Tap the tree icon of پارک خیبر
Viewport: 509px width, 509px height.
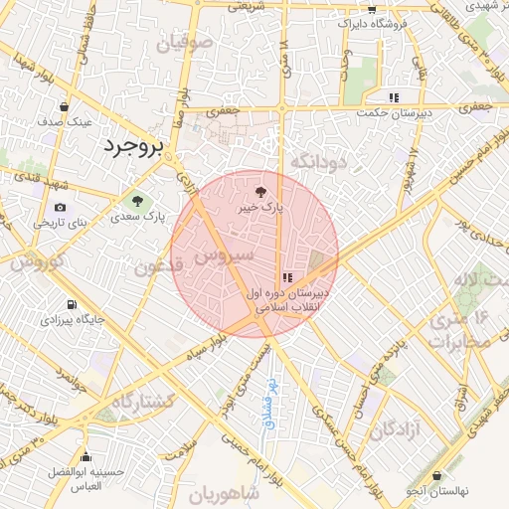coord(260,190)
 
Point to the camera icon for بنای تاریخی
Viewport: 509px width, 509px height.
coord(61,207)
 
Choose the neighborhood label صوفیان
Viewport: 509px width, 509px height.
coord(185,43)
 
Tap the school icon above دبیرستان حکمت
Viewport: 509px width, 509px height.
coord(394,97)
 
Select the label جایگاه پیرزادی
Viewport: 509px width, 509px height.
coord(69,321)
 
